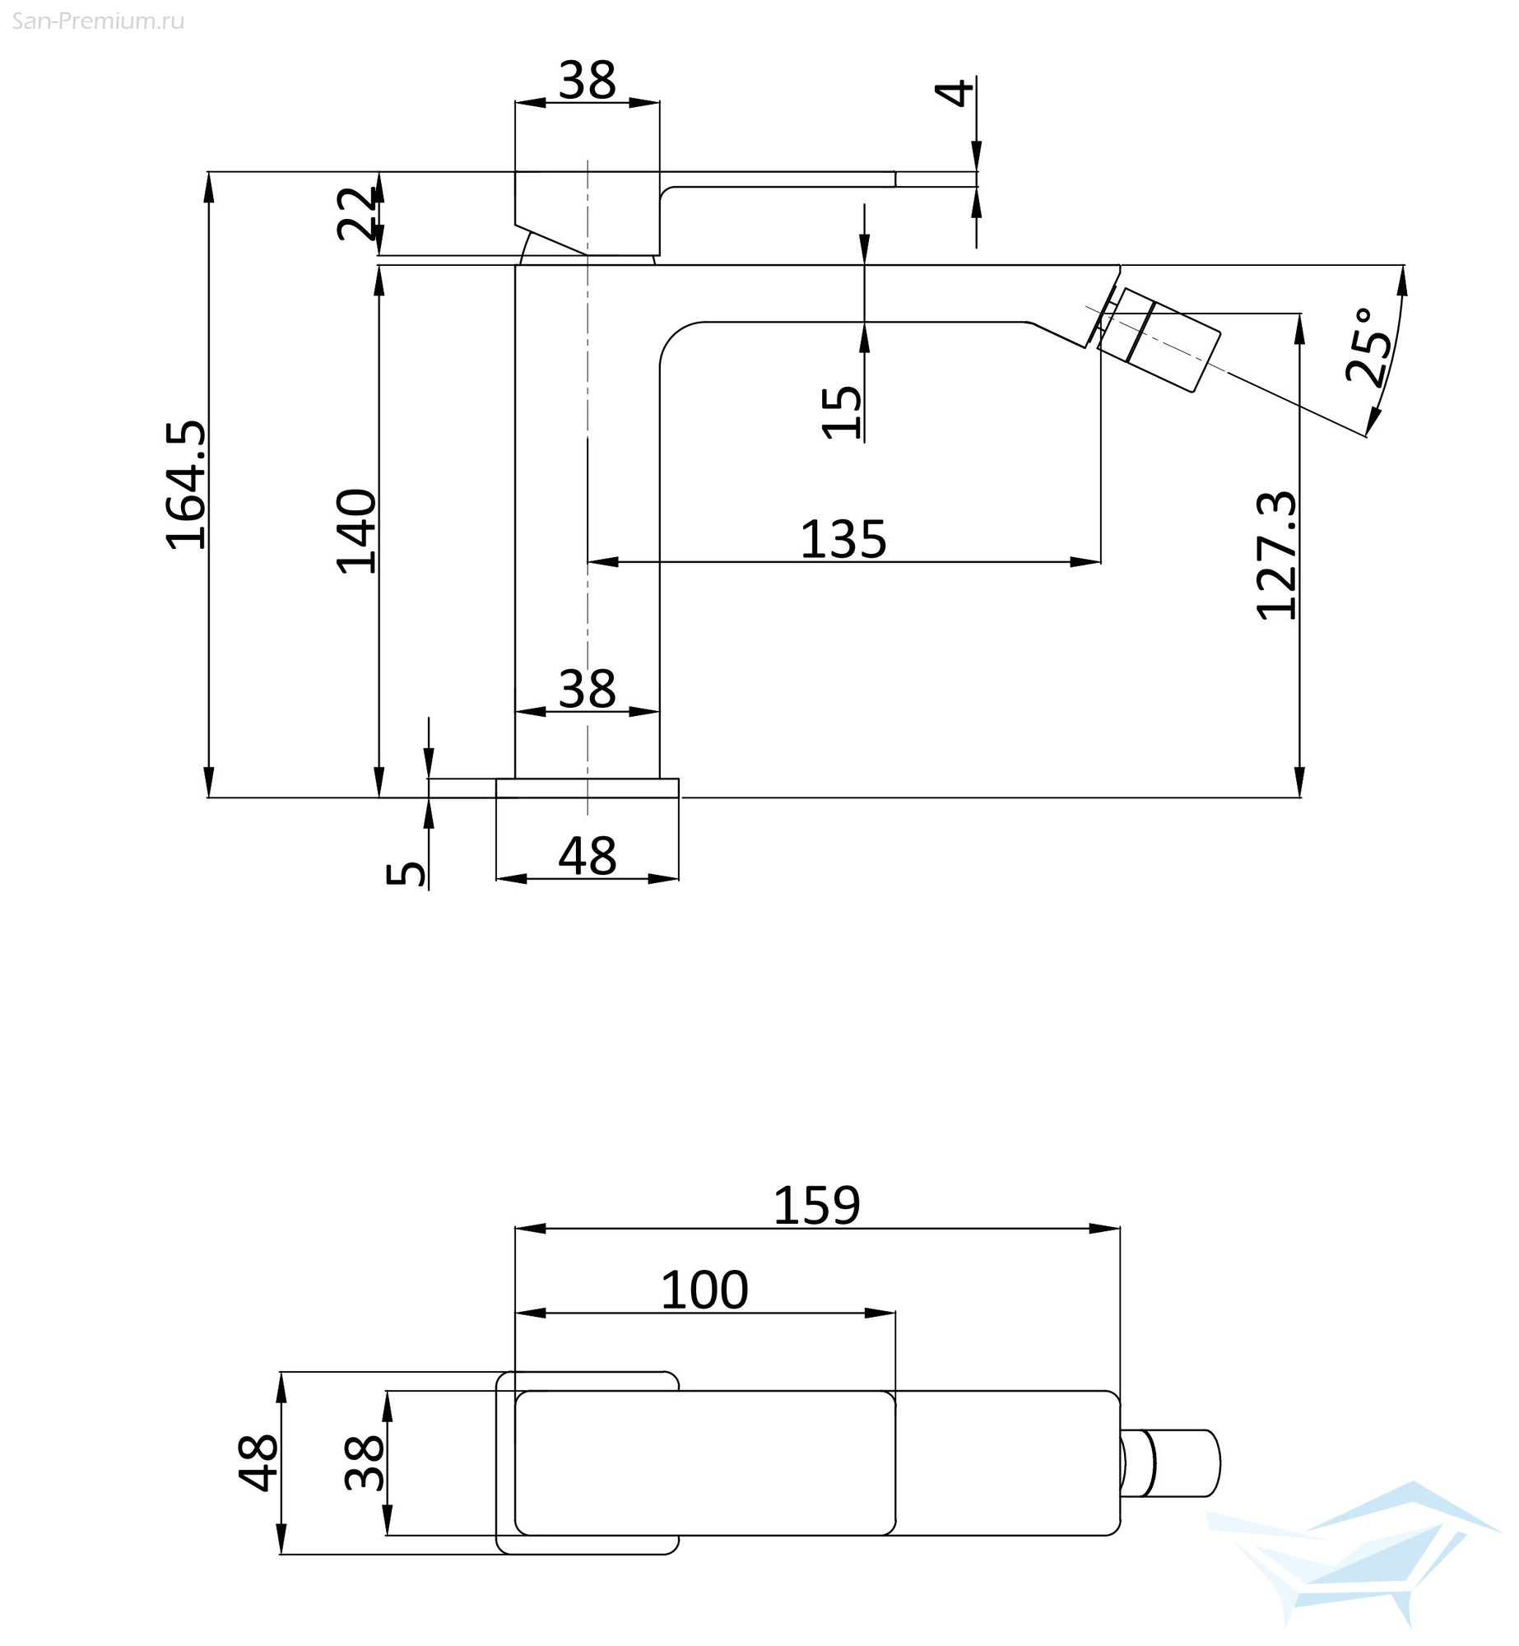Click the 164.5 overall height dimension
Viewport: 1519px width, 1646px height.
186,485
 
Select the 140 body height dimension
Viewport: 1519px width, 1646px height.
357,531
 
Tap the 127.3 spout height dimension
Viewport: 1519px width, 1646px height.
1277,556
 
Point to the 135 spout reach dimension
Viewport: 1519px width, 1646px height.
843,540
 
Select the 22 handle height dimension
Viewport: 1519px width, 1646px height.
357,213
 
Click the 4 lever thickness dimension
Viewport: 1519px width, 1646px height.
955,92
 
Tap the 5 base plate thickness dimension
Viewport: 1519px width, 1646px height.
406,873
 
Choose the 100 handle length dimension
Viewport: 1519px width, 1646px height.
704,1290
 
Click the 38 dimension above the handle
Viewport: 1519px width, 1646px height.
588,81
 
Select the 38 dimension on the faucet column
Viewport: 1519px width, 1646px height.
588,688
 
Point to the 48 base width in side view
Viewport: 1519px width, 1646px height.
588,856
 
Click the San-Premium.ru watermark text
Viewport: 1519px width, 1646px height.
99,21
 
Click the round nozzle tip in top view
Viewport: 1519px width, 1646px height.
1172,1463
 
